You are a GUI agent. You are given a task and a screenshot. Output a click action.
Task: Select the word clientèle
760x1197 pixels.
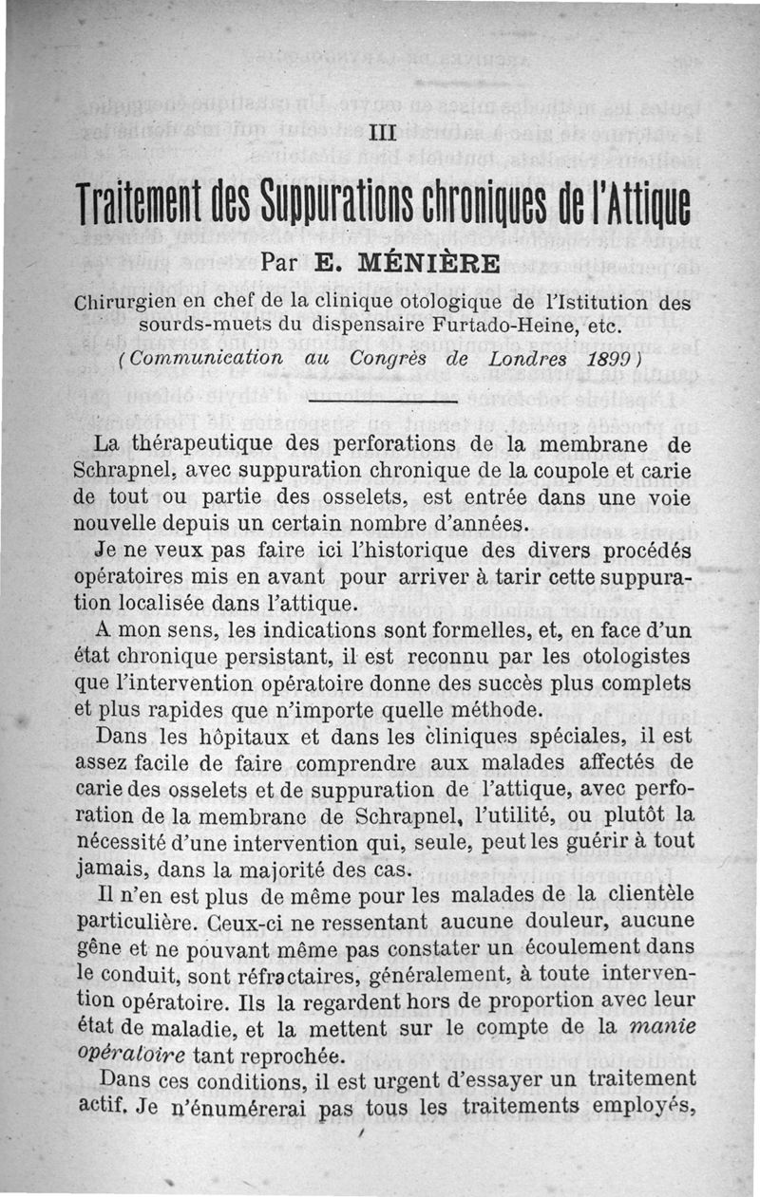[x=646, y=894]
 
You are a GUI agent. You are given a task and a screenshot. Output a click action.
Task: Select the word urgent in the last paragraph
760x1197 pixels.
[x=424, y=1080]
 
